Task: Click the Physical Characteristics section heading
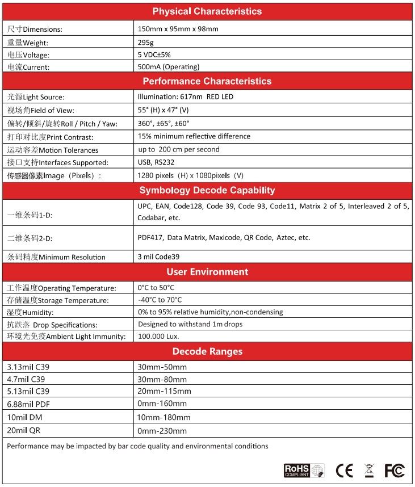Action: [x=207, y=11]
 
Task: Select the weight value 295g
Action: [x=146, y=42]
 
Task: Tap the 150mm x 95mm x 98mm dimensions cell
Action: [x=178, y=29]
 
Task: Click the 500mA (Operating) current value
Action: [x=169, y=67]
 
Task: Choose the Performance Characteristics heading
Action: [x=207, y=81]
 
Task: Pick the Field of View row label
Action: [x=40, y=110]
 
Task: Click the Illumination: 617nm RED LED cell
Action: [x=185, y=96]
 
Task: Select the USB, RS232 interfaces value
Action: [x=157, y=162]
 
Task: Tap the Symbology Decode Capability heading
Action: [x=207, y=190]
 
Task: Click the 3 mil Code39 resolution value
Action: [x=162, y=257]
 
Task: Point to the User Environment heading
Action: [x=207, y=272]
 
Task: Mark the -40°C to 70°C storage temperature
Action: [x=160, y=300]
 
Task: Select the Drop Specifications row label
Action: [x=52, y=325]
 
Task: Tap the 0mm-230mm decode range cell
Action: [x=162, y=431]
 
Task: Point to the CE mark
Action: [x=344, y=471]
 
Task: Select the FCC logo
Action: [x=394, y=471]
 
